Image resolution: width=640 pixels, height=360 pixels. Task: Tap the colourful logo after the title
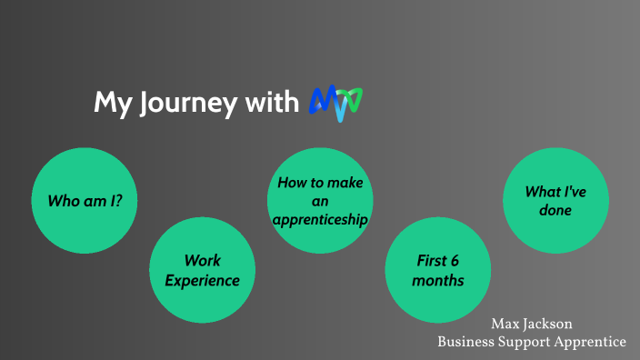pos(336,103)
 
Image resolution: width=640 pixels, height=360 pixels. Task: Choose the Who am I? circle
pos(85,200)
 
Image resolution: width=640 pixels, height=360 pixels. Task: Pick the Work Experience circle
pos(202,270)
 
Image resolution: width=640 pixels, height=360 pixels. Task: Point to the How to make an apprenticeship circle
pos(320,201)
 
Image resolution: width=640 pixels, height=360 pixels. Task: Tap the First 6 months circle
pos(437,270)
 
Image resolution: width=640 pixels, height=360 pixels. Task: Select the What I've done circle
pos(555,201)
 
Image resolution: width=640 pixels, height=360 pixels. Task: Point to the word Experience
pos(202,280)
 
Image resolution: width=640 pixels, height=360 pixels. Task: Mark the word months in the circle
pos(437,280)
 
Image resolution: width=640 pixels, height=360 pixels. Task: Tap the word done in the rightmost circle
pos(555,211)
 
